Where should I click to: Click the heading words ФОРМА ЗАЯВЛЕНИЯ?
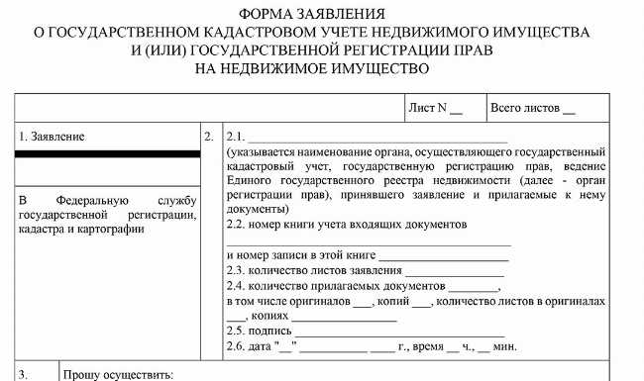(322, 15)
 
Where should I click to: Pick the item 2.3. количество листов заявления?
(316, 270)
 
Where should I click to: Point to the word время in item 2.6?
(428, 346)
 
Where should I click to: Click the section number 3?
(24, 375)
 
